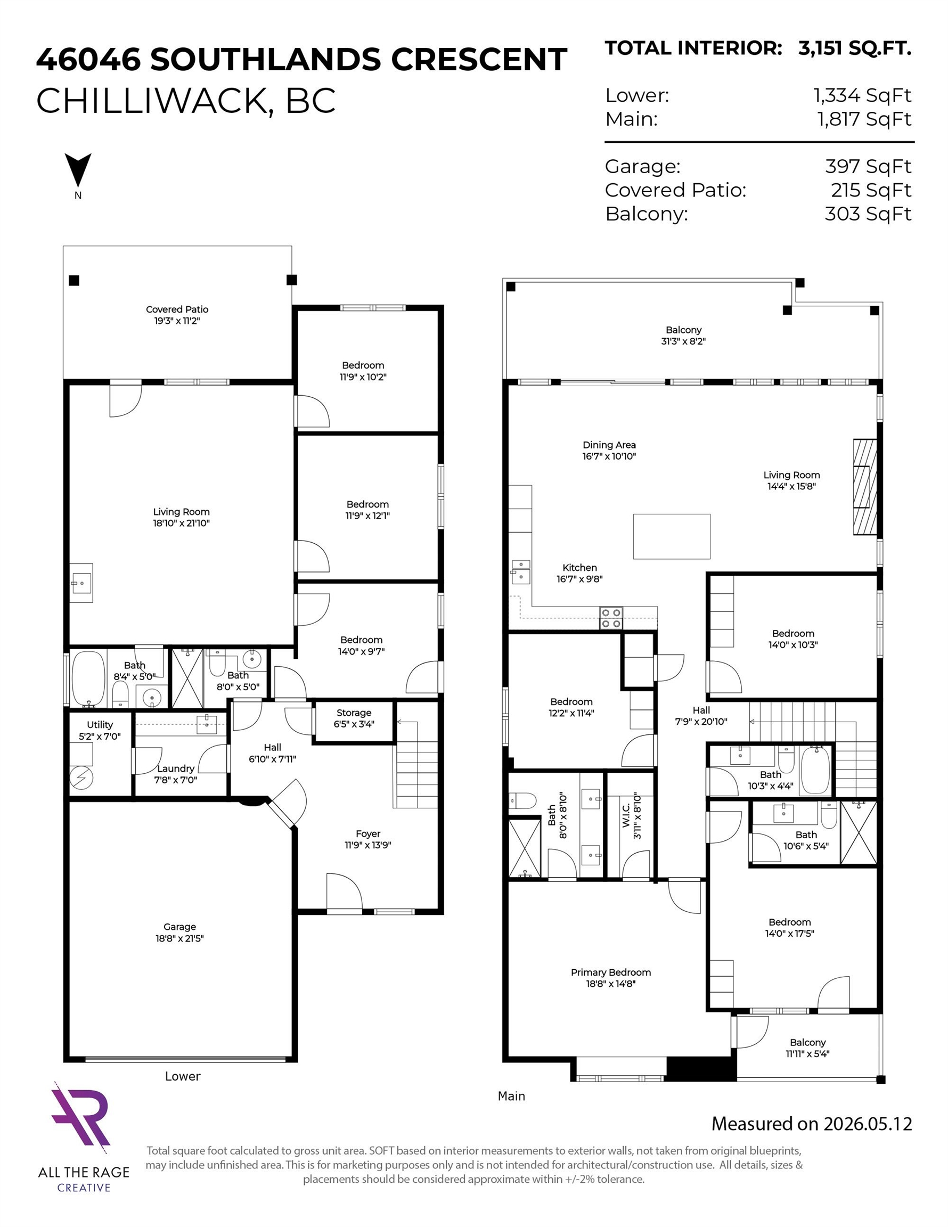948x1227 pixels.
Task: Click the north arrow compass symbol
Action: [78, 171]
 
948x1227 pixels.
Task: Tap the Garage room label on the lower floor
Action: [180, 927]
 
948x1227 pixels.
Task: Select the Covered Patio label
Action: [177, 309]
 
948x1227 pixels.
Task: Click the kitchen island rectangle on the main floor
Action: [672, 536]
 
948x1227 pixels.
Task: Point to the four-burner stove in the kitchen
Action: [611, 617]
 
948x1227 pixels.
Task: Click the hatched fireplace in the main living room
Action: [865, 487]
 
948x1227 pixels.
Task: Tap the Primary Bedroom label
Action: [611, 972]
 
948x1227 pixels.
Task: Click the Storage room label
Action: [354, 713]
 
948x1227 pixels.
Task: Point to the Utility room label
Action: [100, 725]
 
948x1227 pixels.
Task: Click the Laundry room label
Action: [176, 768]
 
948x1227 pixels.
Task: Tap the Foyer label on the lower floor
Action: [368, 834]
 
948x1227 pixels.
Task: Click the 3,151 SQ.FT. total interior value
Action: [854, 48]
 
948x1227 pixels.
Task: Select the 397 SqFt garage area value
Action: [868, 166]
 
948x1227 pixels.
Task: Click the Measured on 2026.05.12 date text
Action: [812, 1124]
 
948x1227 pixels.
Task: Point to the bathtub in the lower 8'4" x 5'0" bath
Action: [89, 678]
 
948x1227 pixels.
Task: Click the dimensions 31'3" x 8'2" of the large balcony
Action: [683, 341]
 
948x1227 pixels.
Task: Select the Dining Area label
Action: [609, 445]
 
